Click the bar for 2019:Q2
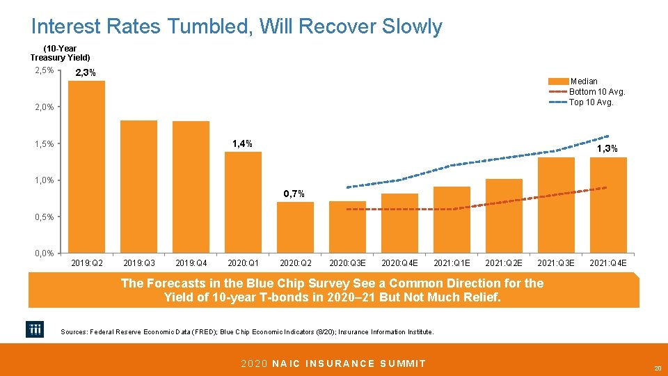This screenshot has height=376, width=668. (x=87, y=167)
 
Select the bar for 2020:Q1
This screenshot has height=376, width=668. (x=243, y=202)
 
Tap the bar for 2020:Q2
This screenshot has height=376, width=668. (x=295, y=227)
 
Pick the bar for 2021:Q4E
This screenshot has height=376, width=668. (x=608, y=205)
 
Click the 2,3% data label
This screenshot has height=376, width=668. (x=86, y=73)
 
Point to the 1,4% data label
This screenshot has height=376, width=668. (x=242, y=143)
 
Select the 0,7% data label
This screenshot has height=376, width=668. (x=294, y=193)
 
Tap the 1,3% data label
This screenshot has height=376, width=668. (x=607, y=148)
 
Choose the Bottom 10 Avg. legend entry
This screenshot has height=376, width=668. (x=597, y=92)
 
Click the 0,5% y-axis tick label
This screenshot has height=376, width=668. (x=43, y=217)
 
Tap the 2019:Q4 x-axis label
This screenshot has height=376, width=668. (x=191, y=263)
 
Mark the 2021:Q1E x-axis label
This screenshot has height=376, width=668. (x=452, y=263)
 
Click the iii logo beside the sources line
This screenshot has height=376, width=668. (x=35, y=330)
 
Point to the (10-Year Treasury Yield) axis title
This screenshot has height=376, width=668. (x=61, y=53)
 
